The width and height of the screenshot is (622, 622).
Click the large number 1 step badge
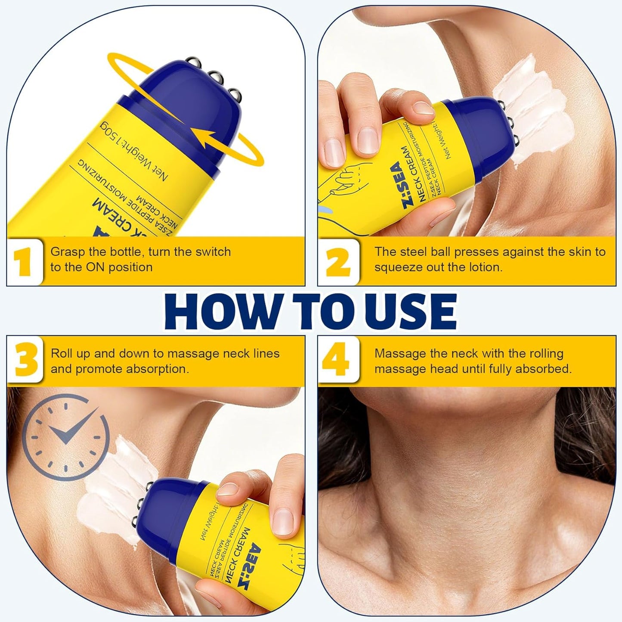coord(25,263)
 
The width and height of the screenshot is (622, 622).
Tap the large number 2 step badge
coord(338,263)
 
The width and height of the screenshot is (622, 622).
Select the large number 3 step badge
coord(25,361)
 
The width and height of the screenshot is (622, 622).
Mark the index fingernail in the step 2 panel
coord(422,108)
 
